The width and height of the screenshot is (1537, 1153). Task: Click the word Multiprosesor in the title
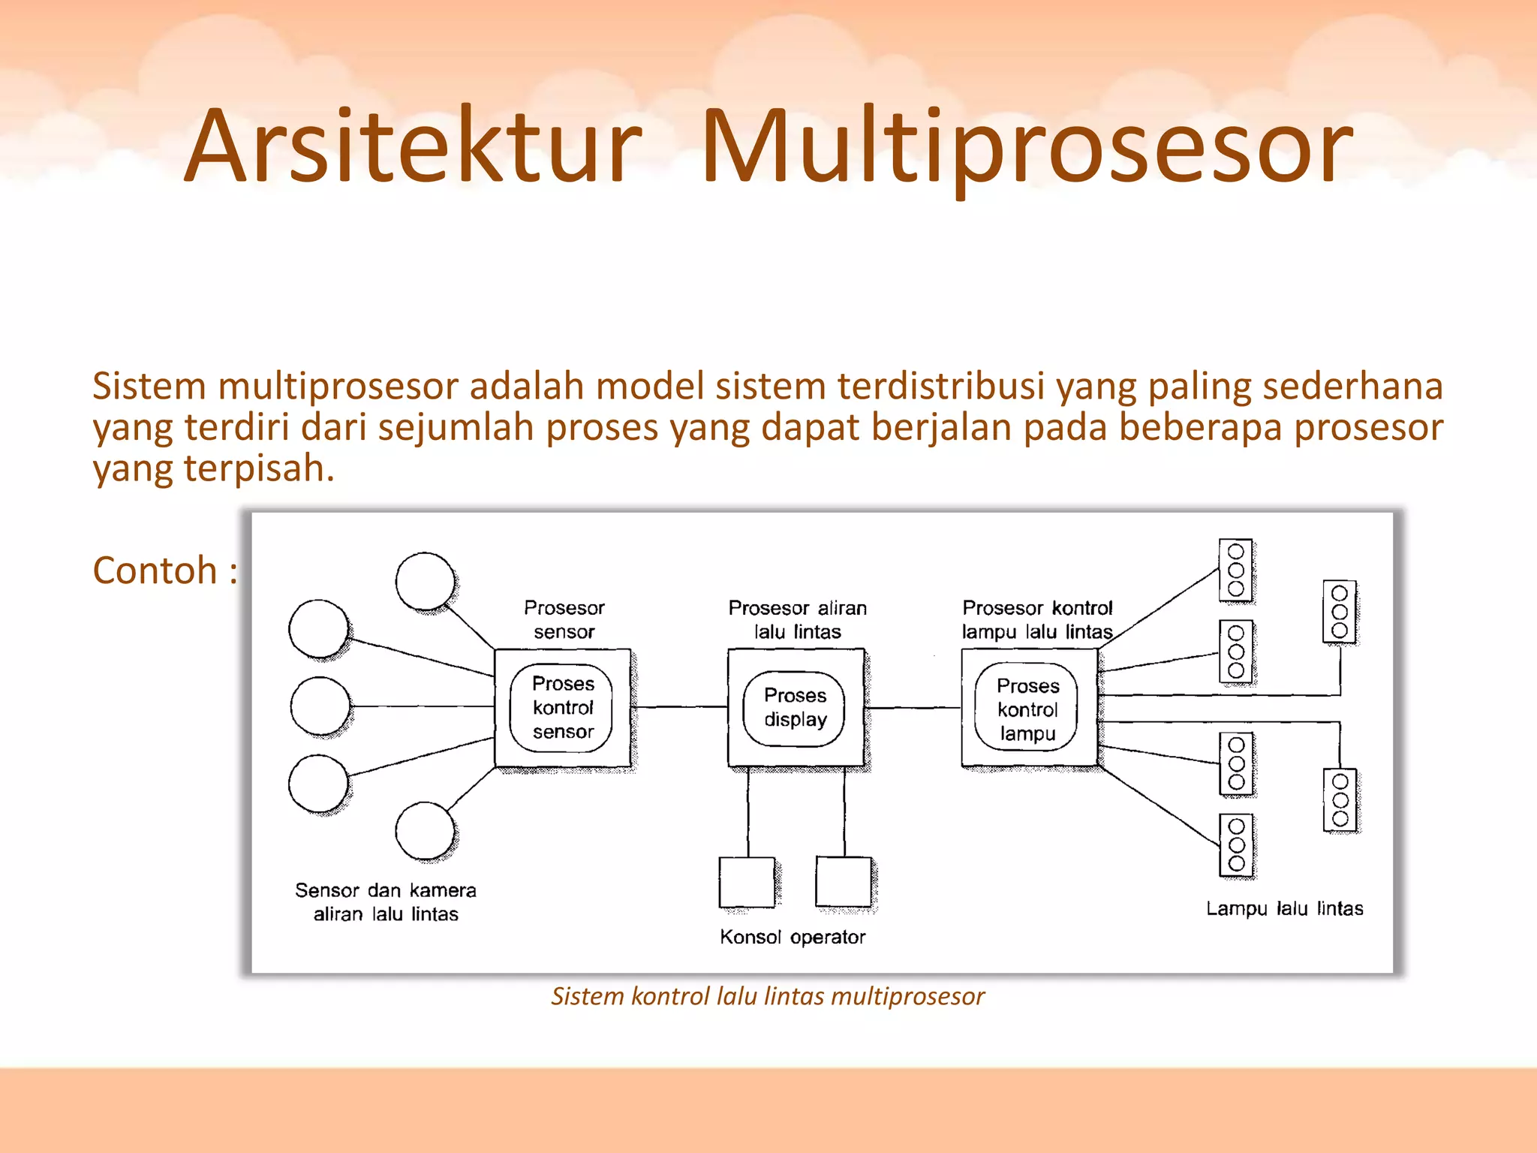(1027, 146)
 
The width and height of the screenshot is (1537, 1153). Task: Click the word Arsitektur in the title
(413, 146)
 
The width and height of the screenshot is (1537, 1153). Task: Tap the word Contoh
(155, 570)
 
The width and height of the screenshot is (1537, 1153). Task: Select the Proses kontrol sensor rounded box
(561, 708)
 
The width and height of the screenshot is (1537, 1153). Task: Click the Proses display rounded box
(794, 708)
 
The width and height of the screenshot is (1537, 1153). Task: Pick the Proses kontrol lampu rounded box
(1027, 709)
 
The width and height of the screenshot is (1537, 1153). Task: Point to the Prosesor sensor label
(564, 619)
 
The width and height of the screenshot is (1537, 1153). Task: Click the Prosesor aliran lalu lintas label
(797, 619)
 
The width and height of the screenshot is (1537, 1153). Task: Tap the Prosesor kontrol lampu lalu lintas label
(1036, 619)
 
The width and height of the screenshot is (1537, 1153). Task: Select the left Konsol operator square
(746, 882)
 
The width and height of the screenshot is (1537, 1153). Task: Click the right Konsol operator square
(843, 881)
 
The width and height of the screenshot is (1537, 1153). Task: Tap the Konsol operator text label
(792, 937)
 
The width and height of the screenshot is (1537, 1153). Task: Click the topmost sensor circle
(425, 580)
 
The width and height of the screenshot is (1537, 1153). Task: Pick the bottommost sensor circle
(425, 830)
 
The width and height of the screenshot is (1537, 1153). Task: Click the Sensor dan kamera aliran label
(385, 902)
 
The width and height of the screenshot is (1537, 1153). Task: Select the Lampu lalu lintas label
(1284, 908)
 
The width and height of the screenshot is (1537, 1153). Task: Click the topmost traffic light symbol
(1235, 570)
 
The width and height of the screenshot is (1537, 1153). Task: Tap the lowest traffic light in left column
(1236, 844)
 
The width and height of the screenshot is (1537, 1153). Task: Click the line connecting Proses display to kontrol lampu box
(913, 707)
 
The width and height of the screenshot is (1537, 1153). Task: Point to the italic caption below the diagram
(767, 996)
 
